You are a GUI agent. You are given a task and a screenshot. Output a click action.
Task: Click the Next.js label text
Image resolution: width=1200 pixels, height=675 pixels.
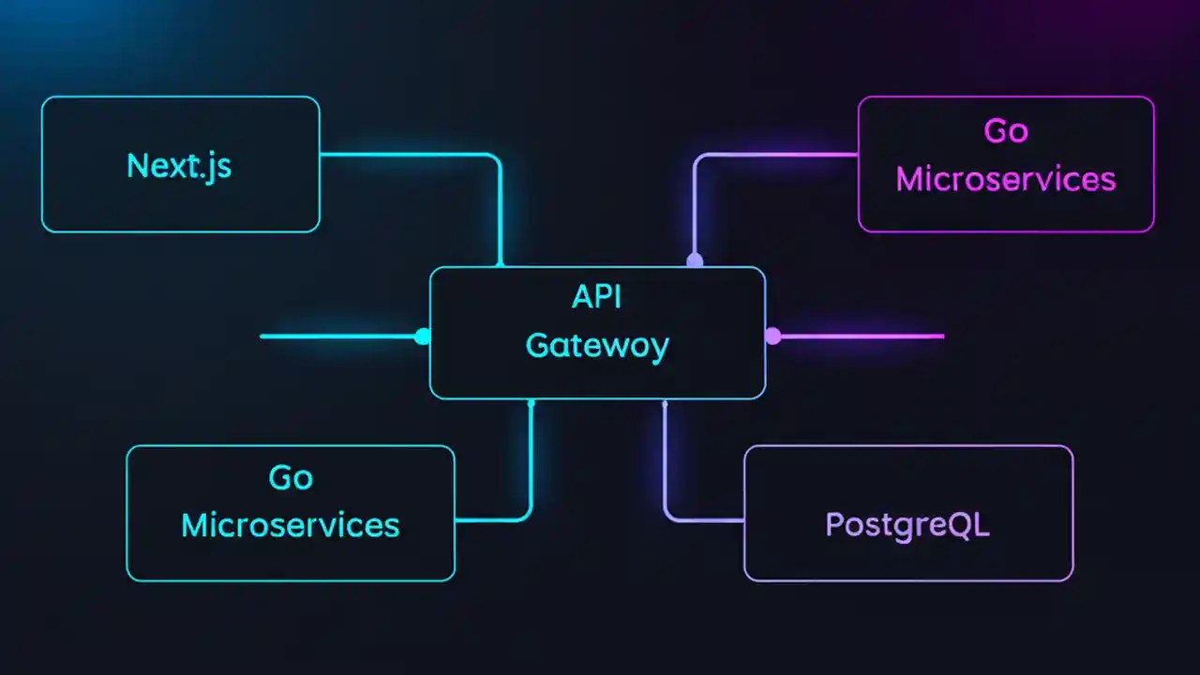pos(179,166)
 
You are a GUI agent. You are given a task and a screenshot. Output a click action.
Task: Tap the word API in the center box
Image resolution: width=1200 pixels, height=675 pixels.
pos(597,297)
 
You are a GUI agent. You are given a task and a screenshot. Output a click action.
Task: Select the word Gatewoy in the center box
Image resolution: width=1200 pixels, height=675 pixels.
pos(597,346)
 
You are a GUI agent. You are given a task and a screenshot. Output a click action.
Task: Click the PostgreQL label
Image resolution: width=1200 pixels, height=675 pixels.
pos(907,524)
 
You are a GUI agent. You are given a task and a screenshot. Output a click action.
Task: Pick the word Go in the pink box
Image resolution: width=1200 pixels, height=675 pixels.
pos(1006,131)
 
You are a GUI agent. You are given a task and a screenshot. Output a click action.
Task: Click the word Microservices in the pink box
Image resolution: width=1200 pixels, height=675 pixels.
pos(1006,179)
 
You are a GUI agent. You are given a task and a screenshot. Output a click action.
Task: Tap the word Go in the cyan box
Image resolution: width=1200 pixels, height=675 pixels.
pos(291,478)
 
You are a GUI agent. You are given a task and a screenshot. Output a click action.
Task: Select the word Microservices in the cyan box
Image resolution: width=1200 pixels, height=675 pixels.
pos(291,525)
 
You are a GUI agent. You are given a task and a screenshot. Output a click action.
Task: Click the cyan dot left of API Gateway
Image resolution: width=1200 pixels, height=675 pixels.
pos(423,336)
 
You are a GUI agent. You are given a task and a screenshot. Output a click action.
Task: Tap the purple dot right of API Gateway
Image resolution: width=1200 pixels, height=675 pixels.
pos(772,336)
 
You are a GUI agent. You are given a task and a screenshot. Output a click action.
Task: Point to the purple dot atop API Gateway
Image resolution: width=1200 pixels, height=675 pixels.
pos(695,261)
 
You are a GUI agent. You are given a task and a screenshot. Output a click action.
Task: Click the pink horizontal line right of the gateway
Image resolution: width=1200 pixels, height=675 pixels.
pos(862,336)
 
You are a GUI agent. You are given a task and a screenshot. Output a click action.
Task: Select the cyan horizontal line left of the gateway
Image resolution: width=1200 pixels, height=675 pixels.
pos(337,336)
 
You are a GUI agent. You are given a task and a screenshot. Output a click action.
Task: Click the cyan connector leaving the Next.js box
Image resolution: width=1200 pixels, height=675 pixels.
pos(412,155)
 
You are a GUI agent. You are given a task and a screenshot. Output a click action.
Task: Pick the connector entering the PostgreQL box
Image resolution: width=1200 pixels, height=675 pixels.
pos(703,518)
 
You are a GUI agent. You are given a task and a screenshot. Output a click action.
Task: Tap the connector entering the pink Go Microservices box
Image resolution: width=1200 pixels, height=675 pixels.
pos(778,155)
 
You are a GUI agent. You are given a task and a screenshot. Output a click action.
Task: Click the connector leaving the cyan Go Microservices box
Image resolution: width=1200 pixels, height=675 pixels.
pos(492,518)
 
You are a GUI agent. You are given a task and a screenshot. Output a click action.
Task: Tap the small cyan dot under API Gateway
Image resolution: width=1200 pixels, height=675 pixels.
pos(532,403)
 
